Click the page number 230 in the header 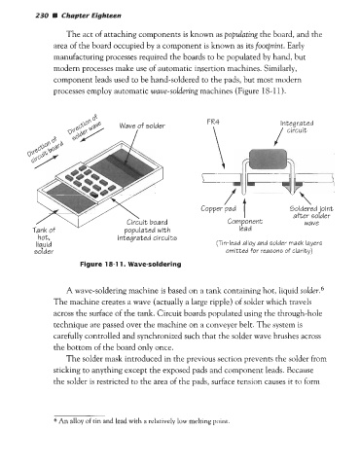(42, 16)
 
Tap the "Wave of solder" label (142, 126)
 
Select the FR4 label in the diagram (213, 122)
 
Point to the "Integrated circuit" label (297, 126)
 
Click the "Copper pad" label (218, 208)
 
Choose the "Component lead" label (245, 225)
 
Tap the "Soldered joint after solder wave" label (311, 216)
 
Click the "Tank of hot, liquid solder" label (44, 240)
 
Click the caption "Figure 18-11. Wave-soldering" (130, 264)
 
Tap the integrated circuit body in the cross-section (268, 159)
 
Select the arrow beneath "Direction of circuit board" (47, 162)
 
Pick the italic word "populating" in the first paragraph (241, 34)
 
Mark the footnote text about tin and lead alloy (142, 421)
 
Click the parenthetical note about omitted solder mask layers (269, 246)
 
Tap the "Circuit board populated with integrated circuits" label (147, 230)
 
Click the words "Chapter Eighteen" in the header (91, 16)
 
